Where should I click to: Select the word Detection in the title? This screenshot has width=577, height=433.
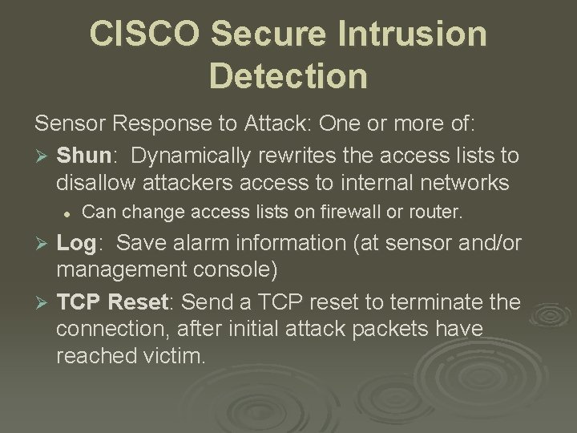(288, 76)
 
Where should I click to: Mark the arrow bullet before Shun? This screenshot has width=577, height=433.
(41, 155)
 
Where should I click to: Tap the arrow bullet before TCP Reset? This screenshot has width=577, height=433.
(41, 302)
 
